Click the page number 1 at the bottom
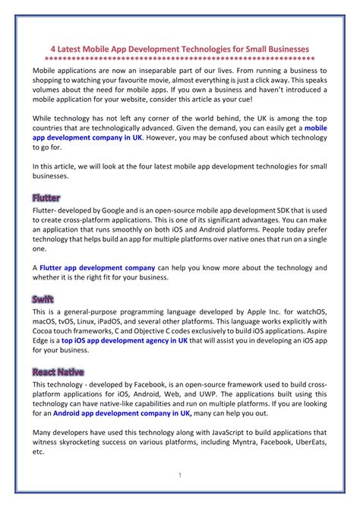tap(180, 475)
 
